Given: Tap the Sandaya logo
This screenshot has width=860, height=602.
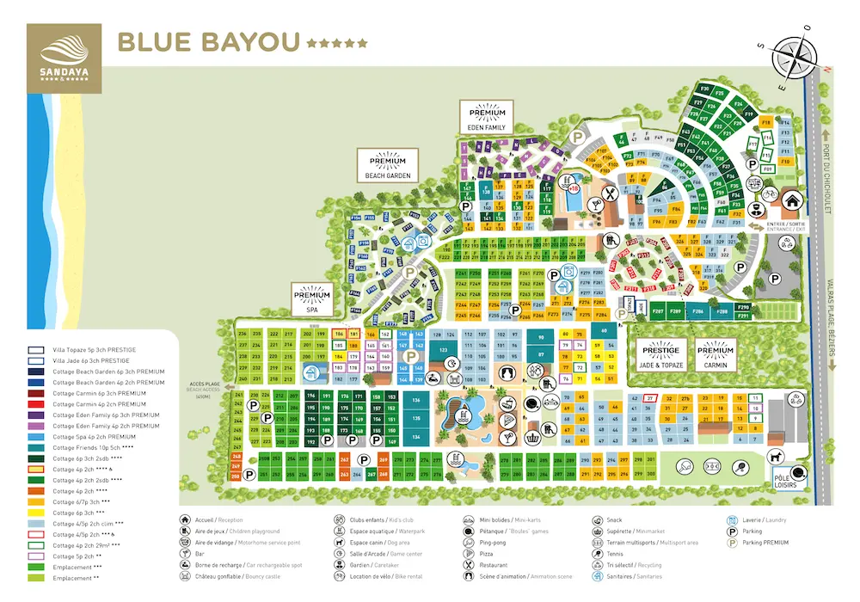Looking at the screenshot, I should point(64,52).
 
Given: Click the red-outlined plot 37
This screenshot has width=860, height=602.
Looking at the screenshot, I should point(651,398).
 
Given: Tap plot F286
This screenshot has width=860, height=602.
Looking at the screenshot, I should point(698,310).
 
